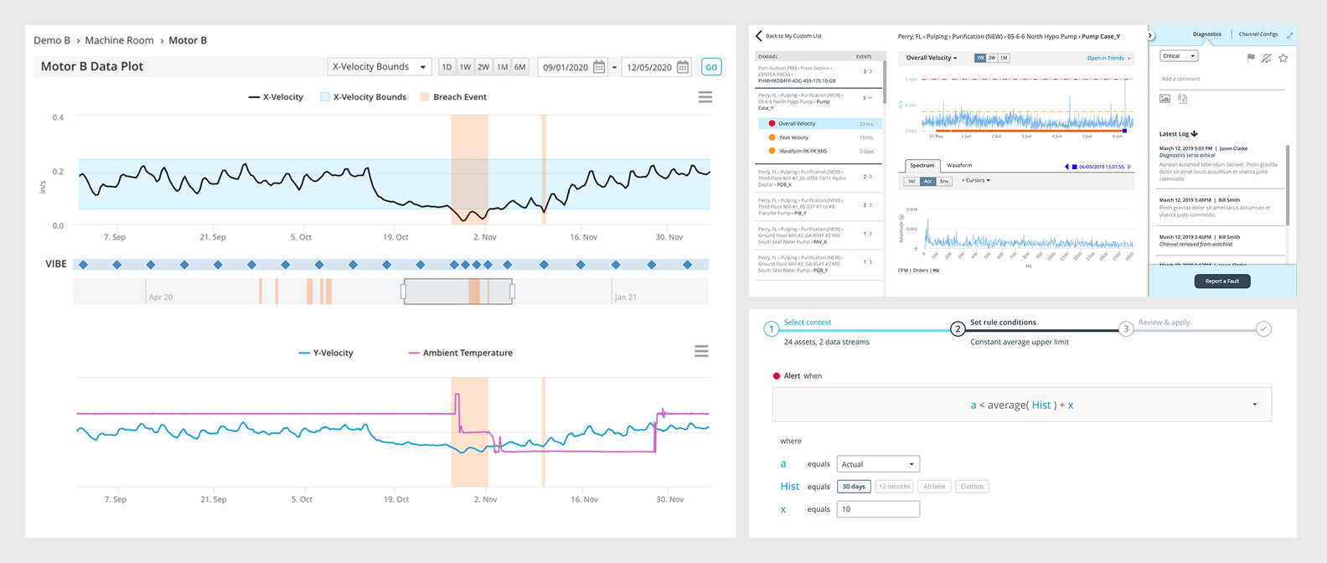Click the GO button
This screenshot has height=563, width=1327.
tap(711, 67)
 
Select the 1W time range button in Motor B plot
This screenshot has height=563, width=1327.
tap(465, 67)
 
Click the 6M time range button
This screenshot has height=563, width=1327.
tap(520, 67)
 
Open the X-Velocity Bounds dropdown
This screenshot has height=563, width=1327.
tap(379, 67)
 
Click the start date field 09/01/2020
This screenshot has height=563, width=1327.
tap(565, 67)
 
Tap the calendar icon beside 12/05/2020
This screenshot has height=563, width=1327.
tap(683, 67)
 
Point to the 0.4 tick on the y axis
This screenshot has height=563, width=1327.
tap(58, 117)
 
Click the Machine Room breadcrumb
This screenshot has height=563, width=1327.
tap(119, 40)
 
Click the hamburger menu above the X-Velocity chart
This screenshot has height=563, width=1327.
tap(705, 97)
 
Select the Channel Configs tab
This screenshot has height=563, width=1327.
tap(1257, 34)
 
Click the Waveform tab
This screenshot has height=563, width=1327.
tap(959, 165)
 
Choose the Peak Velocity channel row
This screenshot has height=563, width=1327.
tap(793, 137)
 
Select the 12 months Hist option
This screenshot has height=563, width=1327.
tap(894, 487)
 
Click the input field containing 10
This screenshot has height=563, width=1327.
tap(877, 509)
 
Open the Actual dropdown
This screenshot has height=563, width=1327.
tap(877, 464)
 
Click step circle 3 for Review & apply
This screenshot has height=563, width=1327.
tap(1126, 328)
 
